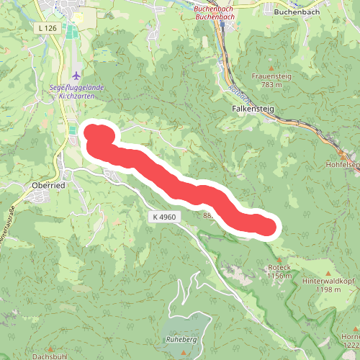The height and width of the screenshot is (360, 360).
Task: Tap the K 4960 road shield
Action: tap(165, 216)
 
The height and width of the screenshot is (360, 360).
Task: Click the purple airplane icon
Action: tap(77, 75)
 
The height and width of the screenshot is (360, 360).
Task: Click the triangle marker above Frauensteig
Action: tap(270, 67)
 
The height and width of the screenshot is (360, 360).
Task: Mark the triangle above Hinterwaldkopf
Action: tap(329, 272)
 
